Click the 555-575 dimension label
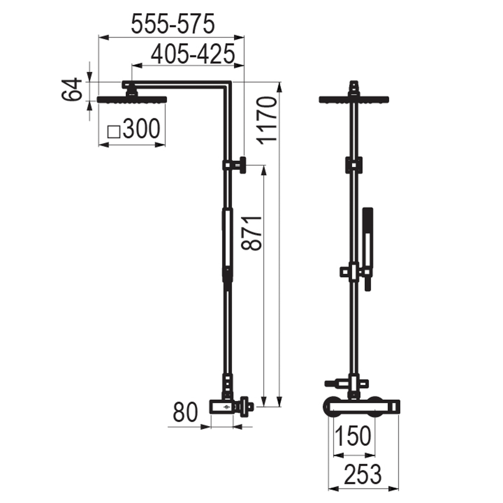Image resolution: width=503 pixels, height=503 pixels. coord(173,24)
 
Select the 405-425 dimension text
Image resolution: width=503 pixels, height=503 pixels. coord(193,54)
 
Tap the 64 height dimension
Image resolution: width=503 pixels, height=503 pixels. coord(72,89)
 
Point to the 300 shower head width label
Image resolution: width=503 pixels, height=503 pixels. coord(141,129)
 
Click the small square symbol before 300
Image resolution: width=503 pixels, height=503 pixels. coord(114,132)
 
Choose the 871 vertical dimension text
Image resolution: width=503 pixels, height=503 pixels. coord(252,233)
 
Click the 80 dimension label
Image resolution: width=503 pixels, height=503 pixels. coord(185,412)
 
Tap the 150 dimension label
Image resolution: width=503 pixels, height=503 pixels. coord(353,436)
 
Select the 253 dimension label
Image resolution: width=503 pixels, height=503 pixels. coord(363,474)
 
